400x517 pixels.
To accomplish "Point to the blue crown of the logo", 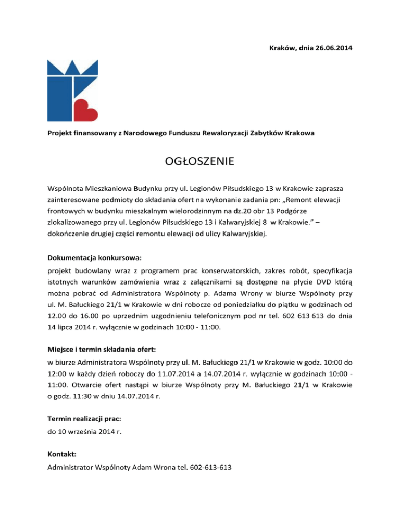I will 73,67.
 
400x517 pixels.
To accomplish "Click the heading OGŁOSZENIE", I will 199,161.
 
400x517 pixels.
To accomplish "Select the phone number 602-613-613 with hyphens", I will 210,468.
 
